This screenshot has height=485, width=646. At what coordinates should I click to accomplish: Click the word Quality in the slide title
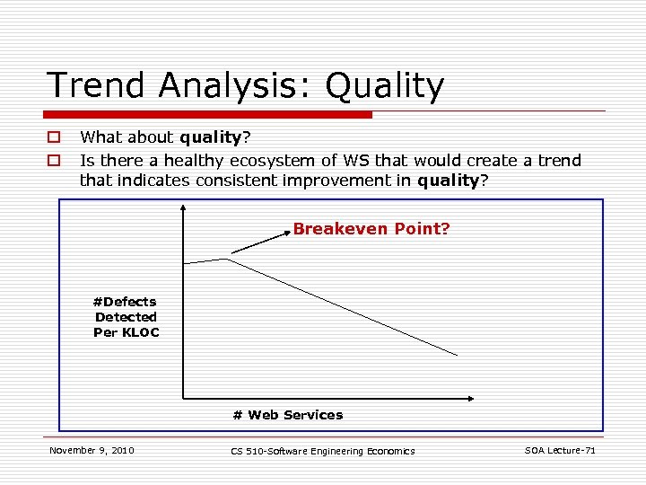pyautogui.click(x=385, y=86)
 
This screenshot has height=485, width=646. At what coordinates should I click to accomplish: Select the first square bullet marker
pyautogui.click(x=54, y=137)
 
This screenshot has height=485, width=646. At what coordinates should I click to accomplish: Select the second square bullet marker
pyautogui.click(x=54, y=161)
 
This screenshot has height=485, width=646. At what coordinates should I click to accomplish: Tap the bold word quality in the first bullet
pyautogui.click(x=211, y=137)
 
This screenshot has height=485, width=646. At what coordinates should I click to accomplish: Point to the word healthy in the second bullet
pyautogui.click(x=195, y=161)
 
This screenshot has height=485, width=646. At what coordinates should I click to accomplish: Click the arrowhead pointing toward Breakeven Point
pyautogui.click(x=286, y=231)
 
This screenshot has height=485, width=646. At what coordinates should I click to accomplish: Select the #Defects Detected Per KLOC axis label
pyautogui.click(x=126, y=317)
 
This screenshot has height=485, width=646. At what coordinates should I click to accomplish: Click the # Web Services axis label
pyautogui.click(x=287, y=415)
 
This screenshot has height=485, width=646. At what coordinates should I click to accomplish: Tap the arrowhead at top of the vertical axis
pyautogui.click(x=183, y=208)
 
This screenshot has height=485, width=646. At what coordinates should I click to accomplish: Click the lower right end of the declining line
pyautogui.click(x=456, y=356)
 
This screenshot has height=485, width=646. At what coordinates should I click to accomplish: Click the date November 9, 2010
pyautogui.click(x=92, y=450)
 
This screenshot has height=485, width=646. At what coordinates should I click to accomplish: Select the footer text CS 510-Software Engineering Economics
pyautogui.click(x=322, y=451)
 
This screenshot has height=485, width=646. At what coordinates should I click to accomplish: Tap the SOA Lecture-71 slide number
pyautogui.click(x=560, y=450)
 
